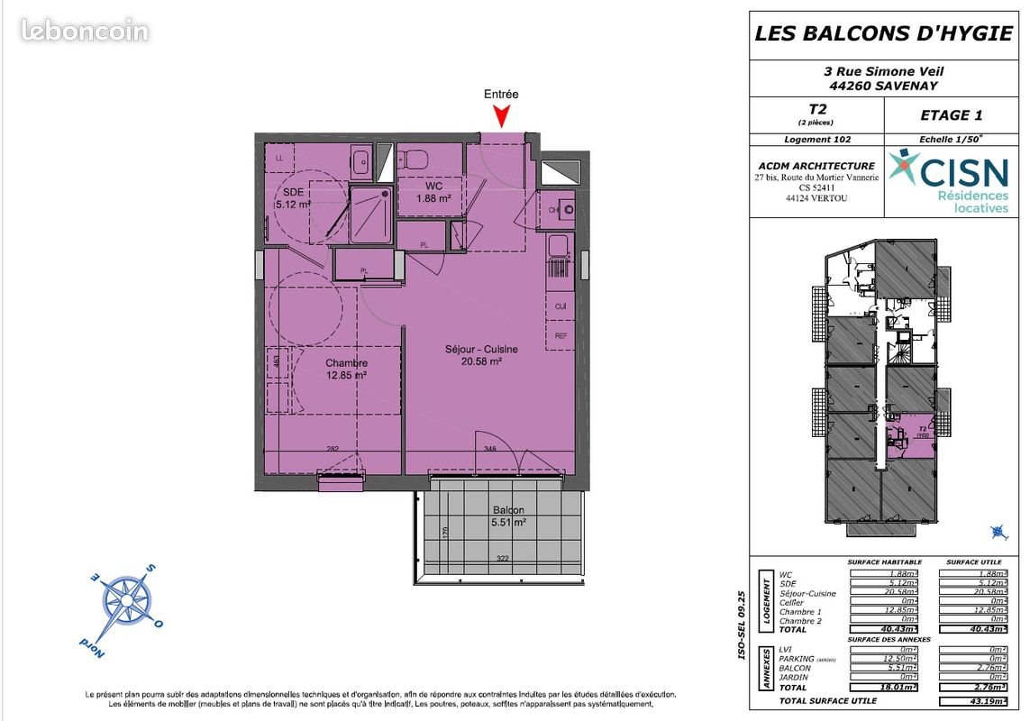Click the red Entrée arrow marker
(x=503, y=116)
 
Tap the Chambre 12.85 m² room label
(x=347, y=370)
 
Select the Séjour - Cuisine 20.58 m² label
(x=482, y=355)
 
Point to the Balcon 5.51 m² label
(x=508, y=516)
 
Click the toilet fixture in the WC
(x=415, y=159)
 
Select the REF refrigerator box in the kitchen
(x=561, y=336)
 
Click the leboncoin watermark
(x=85, y=32)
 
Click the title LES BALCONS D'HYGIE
(x=882, y=34)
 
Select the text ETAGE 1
(x=951, y=114)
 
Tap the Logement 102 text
(x=817, y=140)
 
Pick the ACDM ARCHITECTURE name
(x=816, y=166)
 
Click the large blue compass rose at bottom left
(x=123, y=598)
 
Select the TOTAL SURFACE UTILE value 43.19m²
(x=972, y=700)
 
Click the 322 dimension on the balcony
(x=503, y=559)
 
